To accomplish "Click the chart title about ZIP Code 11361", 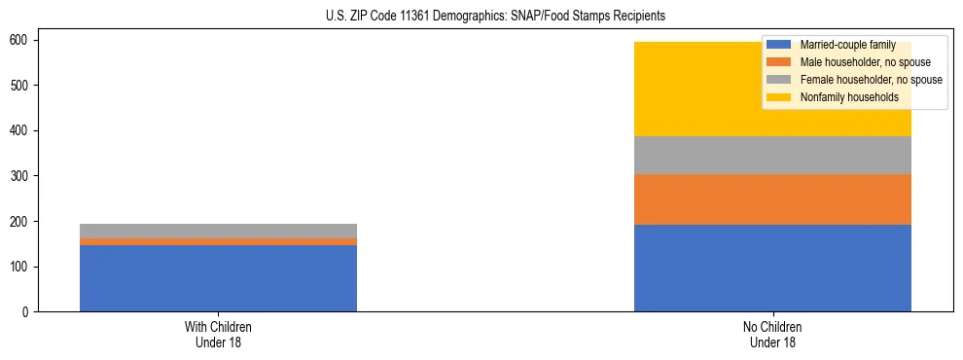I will pyautogui.click(x=481, y=17).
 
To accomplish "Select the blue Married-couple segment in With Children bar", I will pyautogui.click(x=218, y=278).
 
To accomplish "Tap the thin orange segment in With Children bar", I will pyautogui.click(x=218, y=241).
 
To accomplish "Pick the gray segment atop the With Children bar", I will pyautogui.click(x=218, y=231).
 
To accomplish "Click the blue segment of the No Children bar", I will pyautogui.click(x=772, y=268).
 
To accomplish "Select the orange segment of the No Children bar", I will pyautogui.click(x=772, y=199).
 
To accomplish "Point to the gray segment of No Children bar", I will pyautogui.click(x=772, y=155).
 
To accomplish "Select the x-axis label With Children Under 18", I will pyautogui.click(x=218, y=334).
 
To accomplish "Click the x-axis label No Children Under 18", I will pyautogui.click(x=772, y=334).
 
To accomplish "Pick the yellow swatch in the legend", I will pyautogui.click(x=778, y=97).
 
